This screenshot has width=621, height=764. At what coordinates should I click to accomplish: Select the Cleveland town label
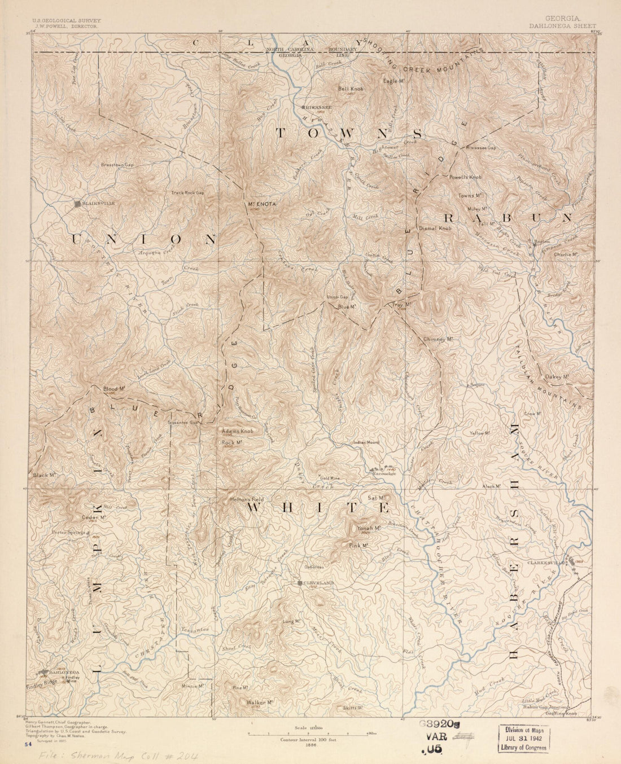click(320, 582)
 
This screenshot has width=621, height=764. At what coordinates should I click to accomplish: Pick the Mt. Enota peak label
click(260, 204)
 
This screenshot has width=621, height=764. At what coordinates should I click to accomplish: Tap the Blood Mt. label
click(113, 389)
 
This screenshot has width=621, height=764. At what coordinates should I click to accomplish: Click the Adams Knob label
click(237, 431)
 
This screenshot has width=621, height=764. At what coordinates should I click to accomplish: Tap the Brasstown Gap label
click(117, 165)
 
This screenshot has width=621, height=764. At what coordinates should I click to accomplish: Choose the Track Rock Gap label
click(188, 193)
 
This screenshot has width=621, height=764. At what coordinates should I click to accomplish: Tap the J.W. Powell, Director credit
click(58, 27)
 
